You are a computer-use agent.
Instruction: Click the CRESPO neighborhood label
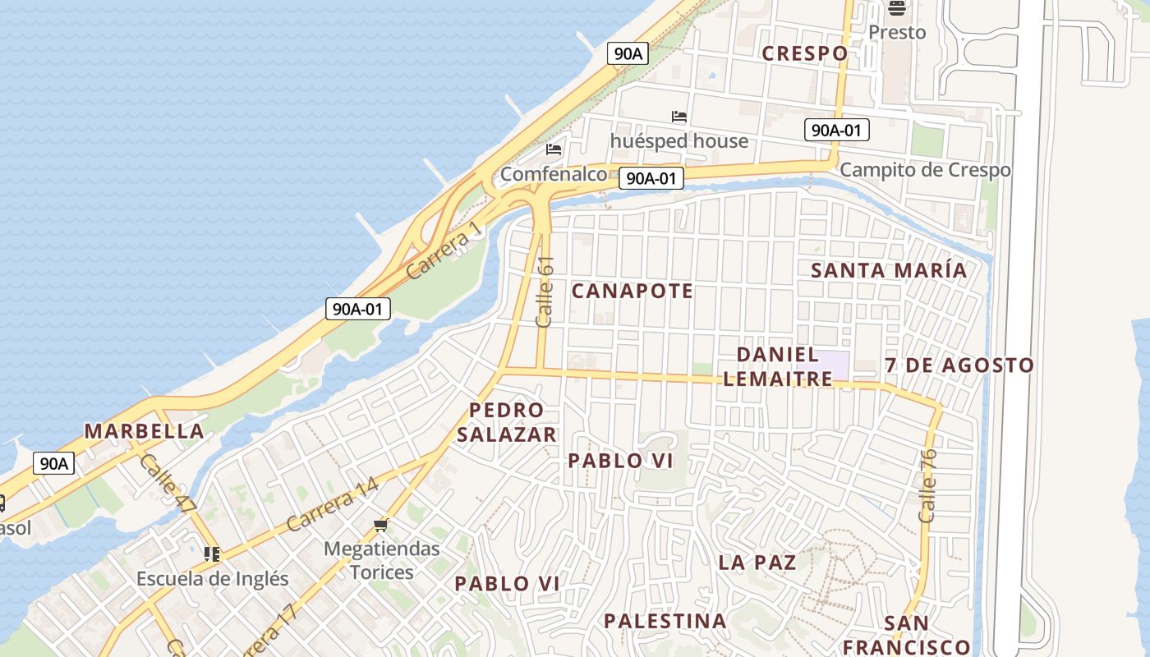[x=804, y=53]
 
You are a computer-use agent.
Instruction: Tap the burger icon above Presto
[x=896, y=8]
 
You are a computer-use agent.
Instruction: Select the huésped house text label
[x=679, y=141]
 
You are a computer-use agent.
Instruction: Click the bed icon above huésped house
[x=679, y=117]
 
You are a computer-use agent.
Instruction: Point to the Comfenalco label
[x=554, y=174]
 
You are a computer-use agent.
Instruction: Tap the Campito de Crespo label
[x=925, y=170]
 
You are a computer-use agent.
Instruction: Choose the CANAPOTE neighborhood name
[x=632, y=291]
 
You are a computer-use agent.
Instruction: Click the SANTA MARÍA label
[x=889, y=270]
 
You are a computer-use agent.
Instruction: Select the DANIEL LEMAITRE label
[x=778, y=366]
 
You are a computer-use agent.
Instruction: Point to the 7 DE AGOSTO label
[x=959, y=365]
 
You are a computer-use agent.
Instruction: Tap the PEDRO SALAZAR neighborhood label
[x=507, y=422]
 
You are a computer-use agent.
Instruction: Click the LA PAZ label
[x=757, y=563]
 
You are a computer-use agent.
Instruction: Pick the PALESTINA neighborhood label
[x=665, y=621]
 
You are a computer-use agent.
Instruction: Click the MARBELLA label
[x=145, y=431]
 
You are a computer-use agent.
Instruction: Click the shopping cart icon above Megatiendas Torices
[x=380, y=525]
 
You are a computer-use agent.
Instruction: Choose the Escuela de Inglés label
[x=213, y=578]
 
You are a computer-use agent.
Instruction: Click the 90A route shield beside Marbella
[x=54, y=463]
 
